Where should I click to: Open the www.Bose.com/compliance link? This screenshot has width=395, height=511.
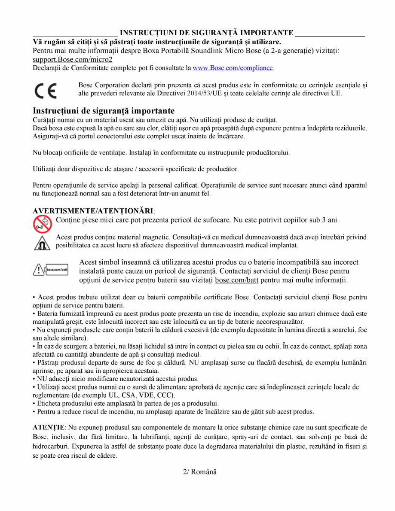click(x=233, y=68)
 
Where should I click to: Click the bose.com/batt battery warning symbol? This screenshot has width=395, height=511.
click(x=51, y=270)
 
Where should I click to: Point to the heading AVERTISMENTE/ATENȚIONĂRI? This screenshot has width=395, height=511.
click(x=93, y=211)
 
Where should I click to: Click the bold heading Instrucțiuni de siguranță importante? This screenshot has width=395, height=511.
click(x=104, y=111)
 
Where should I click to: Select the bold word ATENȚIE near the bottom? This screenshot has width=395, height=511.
click(x=48, y=428)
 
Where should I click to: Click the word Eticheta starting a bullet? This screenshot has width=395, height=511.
click(x=49, y=403)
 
